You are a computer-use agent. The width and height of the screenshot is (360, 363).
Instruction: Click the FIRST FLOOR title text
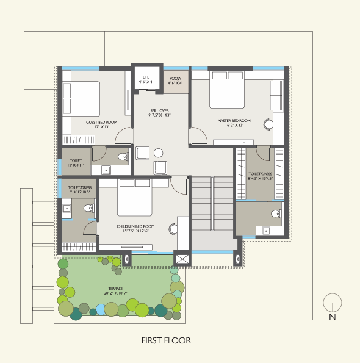(x=166, y=340)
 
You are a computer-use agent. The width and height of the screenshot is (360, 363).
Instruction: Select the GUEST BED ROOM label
(x=101, y=122)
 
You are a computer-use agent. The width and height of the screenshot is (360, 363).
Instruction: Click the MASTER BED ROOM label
(x=234, y=121)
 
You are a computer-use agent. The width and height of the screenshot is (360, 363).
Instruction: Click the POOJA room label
(x=176, y=79)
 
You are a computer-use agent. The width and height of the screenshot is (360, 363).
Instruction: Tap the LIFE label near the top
(x=146, y=76)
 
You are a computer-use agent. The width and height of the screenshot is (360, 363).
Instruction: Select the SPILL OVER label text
(x=159, y=110)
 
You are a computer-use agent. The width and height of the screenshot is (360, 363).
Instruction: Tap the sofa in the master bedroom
(x=276, y=95)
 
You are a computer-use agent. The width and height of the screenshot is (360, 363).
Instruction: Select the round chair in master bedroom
(x=268, y=124)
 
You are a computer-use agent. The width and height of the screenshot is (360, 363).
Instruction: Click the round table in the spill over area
(x=159, y=153)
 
